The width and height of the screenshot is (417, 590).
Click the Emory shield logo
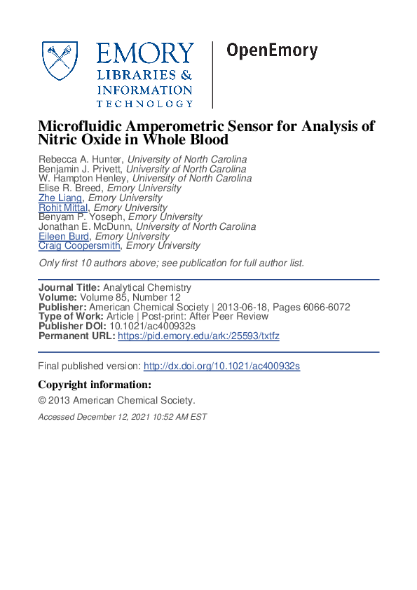pos(61,61)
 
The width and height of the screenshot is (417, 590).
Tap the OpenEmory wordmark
pos(272,50)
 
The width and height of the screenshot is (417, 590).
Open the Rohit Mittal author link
pos(64,207)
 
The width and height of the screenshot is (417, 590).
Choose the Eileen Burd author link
pos(64,236)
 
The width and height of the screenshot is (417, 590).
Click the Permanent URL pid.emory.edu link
pos(198,336)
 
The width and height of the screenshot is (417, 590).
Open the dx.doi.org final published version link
pos(221,366)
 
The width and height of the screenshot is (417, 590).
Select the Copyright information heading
pos(94,385)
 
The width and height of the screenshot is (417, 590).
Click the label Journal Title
pos(69,288)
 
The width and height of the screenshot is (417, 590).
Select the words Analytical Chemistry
pos(147,288)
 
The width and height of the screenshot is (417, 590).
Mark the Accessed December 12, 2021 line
pos(123,417)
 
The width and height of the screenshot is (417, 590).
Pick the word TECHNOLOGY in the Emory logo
pos(144,104)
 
